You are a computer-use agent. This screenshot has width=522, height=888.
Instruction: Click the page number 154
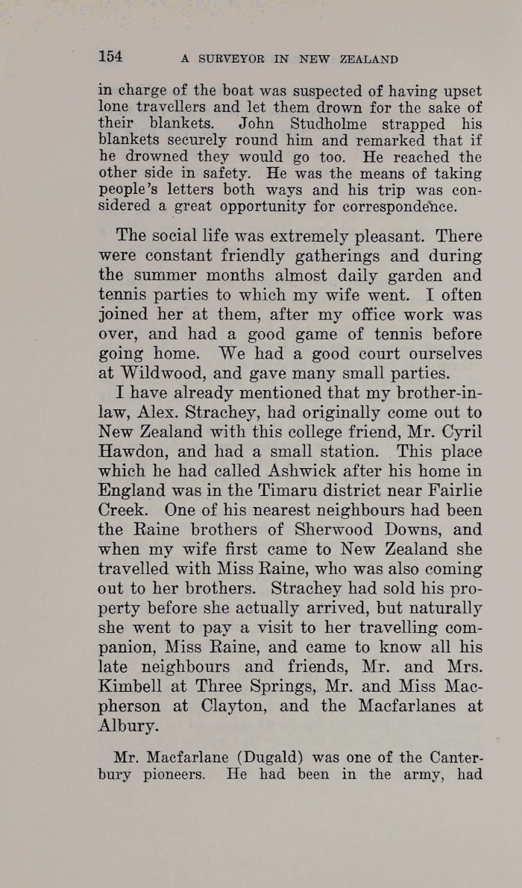(x=110, y=57)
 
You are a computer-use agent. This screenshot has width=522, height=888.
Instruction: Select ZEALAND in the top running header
(x=366, y=59)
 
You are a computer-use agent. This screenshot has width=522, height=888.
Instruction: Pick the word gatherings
(x=312, y=256)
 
